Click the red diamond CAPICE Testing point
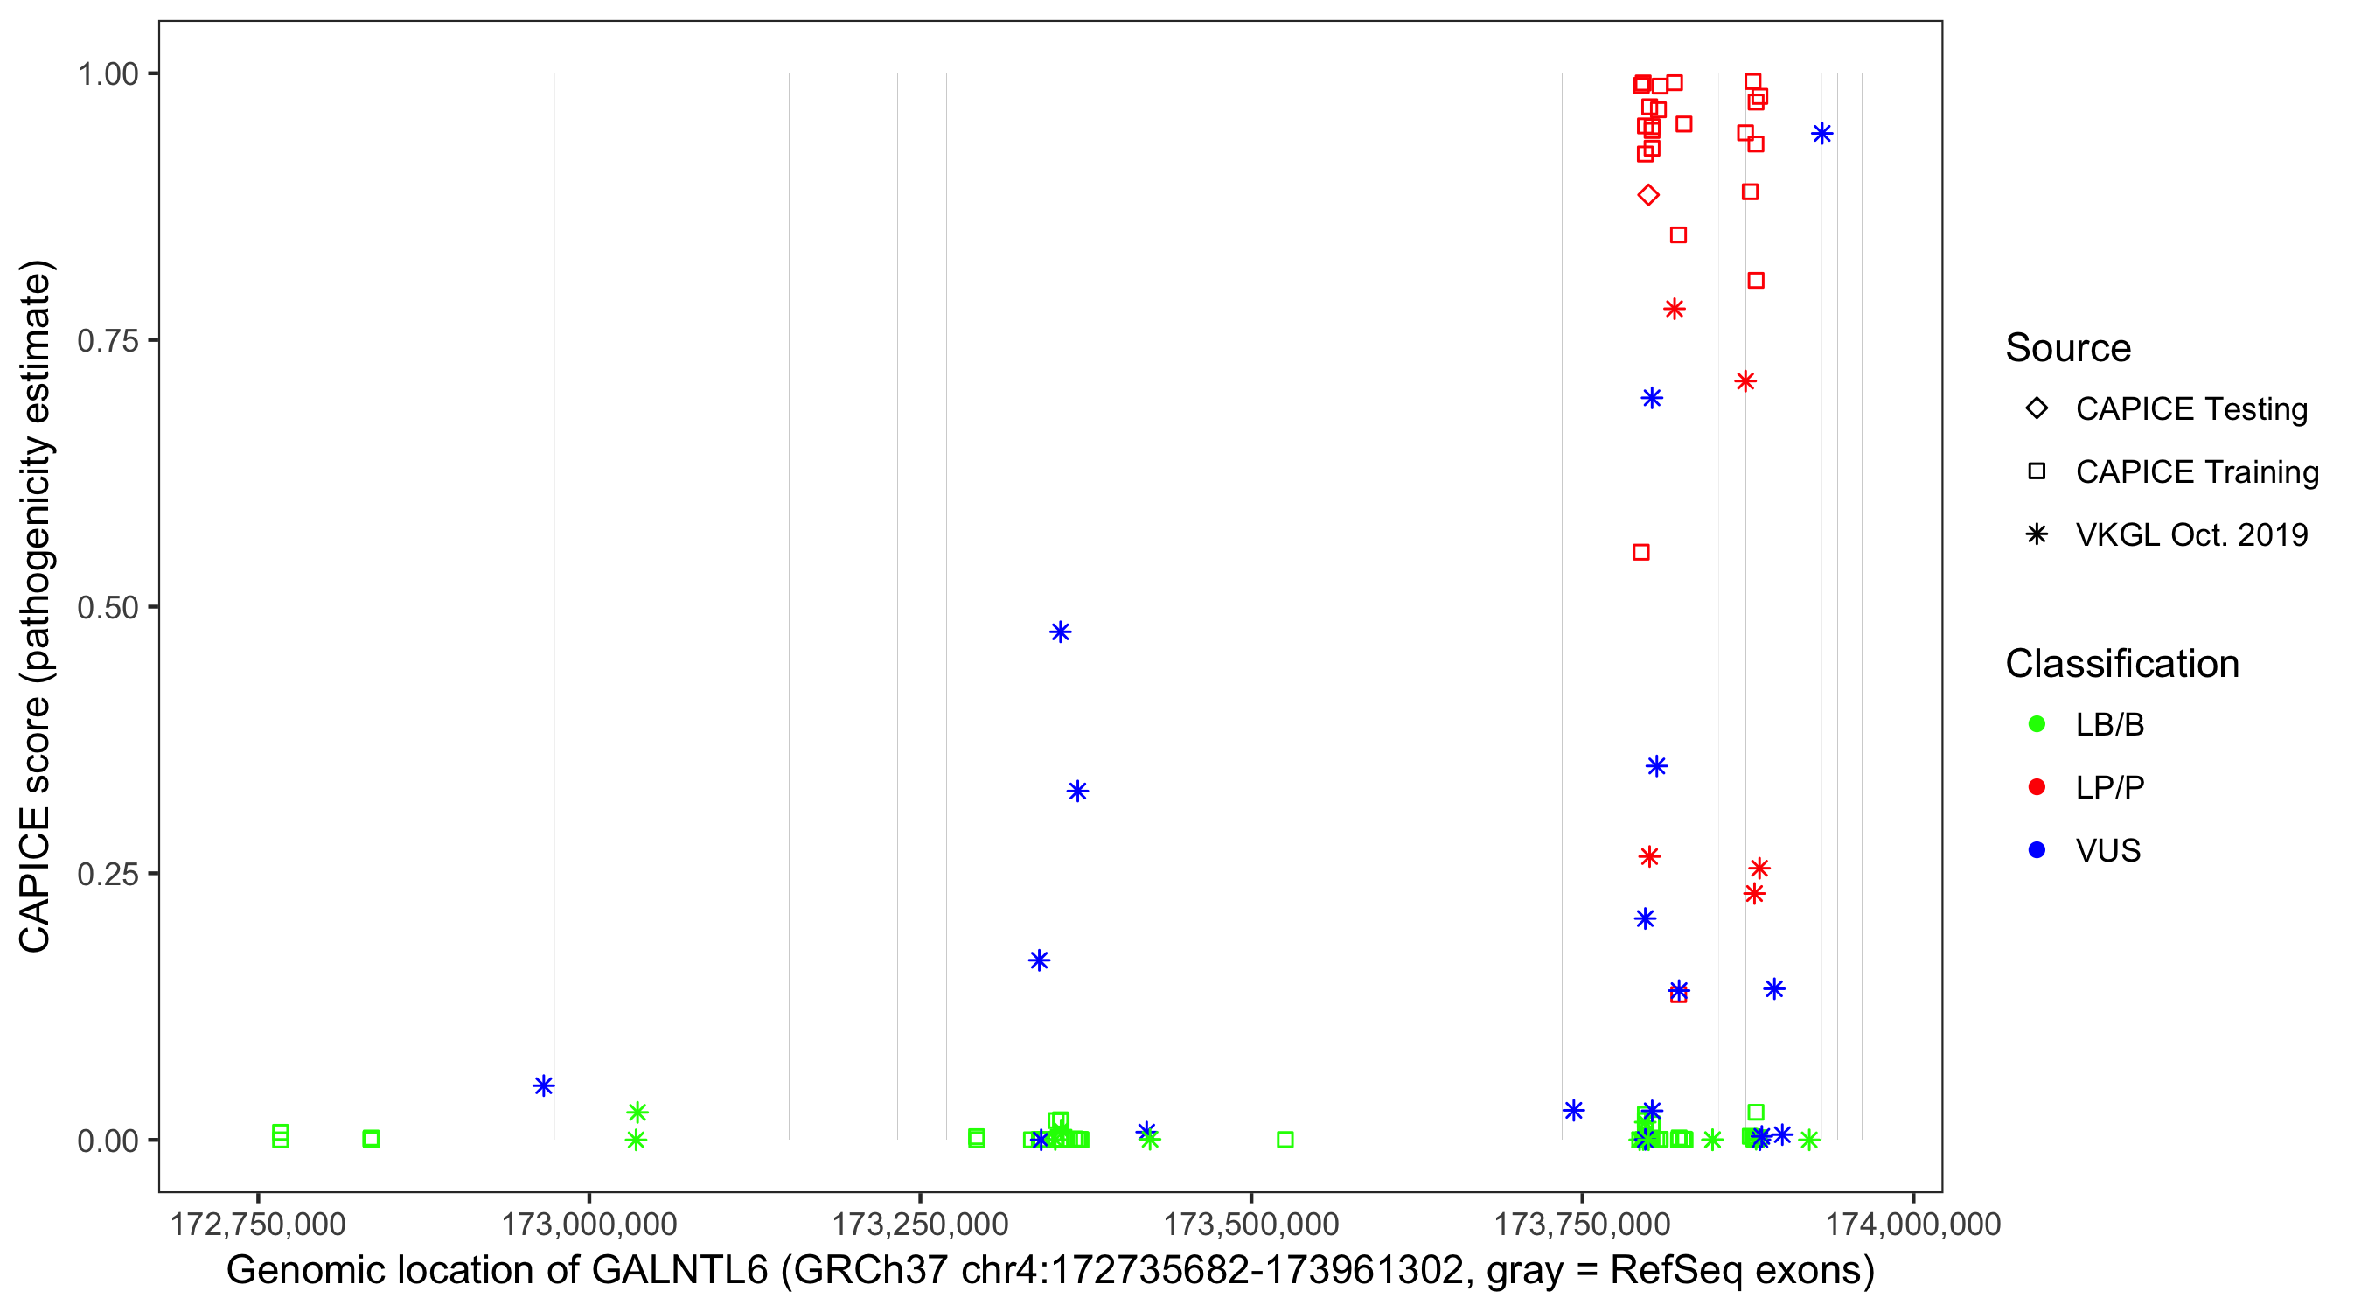coord(1648,195)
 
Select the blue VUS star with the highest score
coord(1822,134)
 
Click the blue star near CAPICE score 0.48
coord(1061,632)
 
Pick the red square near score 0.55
coord(1641,552)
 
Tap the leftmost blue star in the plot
coord(544,1085)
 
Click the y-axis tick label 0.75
coord(107,340)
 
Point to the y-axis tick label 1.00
coord(107,73)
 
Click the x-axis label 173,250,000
coord(919,1224)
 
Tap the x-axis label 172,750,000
coord(258,1224)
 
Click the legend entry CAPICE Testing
coord(2191,409)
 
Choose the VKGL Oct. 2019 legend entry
coord(2191,534)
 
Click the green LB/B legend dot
coord(2037,724)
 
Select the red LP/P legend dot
coord(2037,787)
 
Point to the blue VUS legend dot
coord(2037,850)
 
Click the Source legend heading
coord(2068,348)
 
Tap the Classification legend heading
coord(2121,664)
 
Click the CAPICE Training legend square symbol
coord(2037,471)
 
